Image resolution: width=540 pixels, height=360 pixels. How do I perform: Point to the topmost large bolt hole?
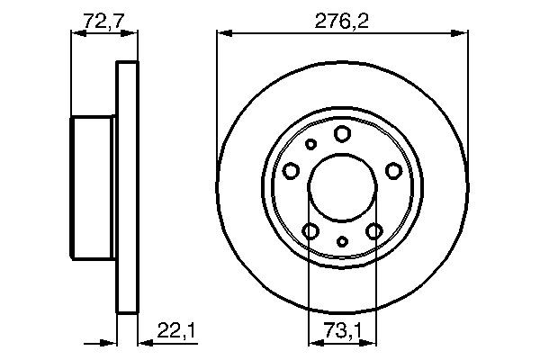[342, 134]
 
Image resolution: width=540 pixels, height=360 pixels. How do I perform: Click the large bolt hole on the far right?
[392, 170]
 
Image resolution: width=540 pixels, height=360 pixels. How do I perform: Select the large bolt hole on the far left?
[292, 170]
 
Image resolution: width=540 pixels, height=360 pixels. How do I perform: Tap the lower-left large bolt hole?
[310, 231]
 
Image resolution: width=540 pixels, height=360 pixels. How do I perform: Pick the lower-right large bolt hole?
[373, 231]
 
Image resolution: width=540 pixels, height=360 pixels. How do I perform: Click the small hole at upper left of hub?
[311, 144]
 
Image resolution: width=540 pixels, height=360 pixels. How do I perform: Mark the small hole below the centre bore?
[342, 241]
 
